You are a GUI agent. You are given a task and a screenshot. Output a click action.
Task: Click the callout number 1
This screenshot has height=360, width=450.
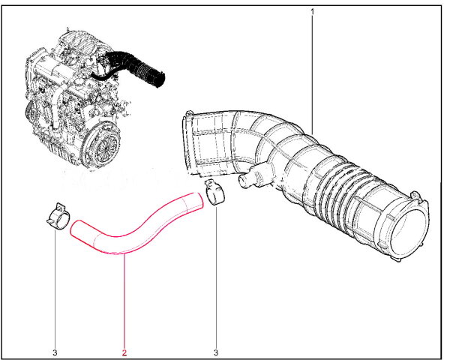pos(313,12)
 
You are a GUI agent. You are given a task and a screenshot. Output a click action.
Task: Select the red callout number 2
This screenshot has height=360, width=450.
pos(124,352)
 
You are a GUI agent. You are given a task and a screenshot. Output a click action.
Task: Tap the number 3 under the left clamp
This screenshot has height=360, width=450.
pos(55,352)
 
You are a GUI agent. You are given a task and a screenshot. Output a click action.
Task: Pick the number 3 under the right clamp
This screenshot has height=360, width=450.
pos(216,352)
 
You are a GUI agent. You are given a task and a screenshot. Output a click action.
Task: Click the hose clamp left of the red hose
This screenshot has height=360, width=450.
pos(58,217)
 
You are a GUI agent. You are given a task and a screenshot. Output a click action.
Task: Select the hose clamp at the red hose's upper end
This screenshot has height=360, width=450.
pos(214,192)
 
